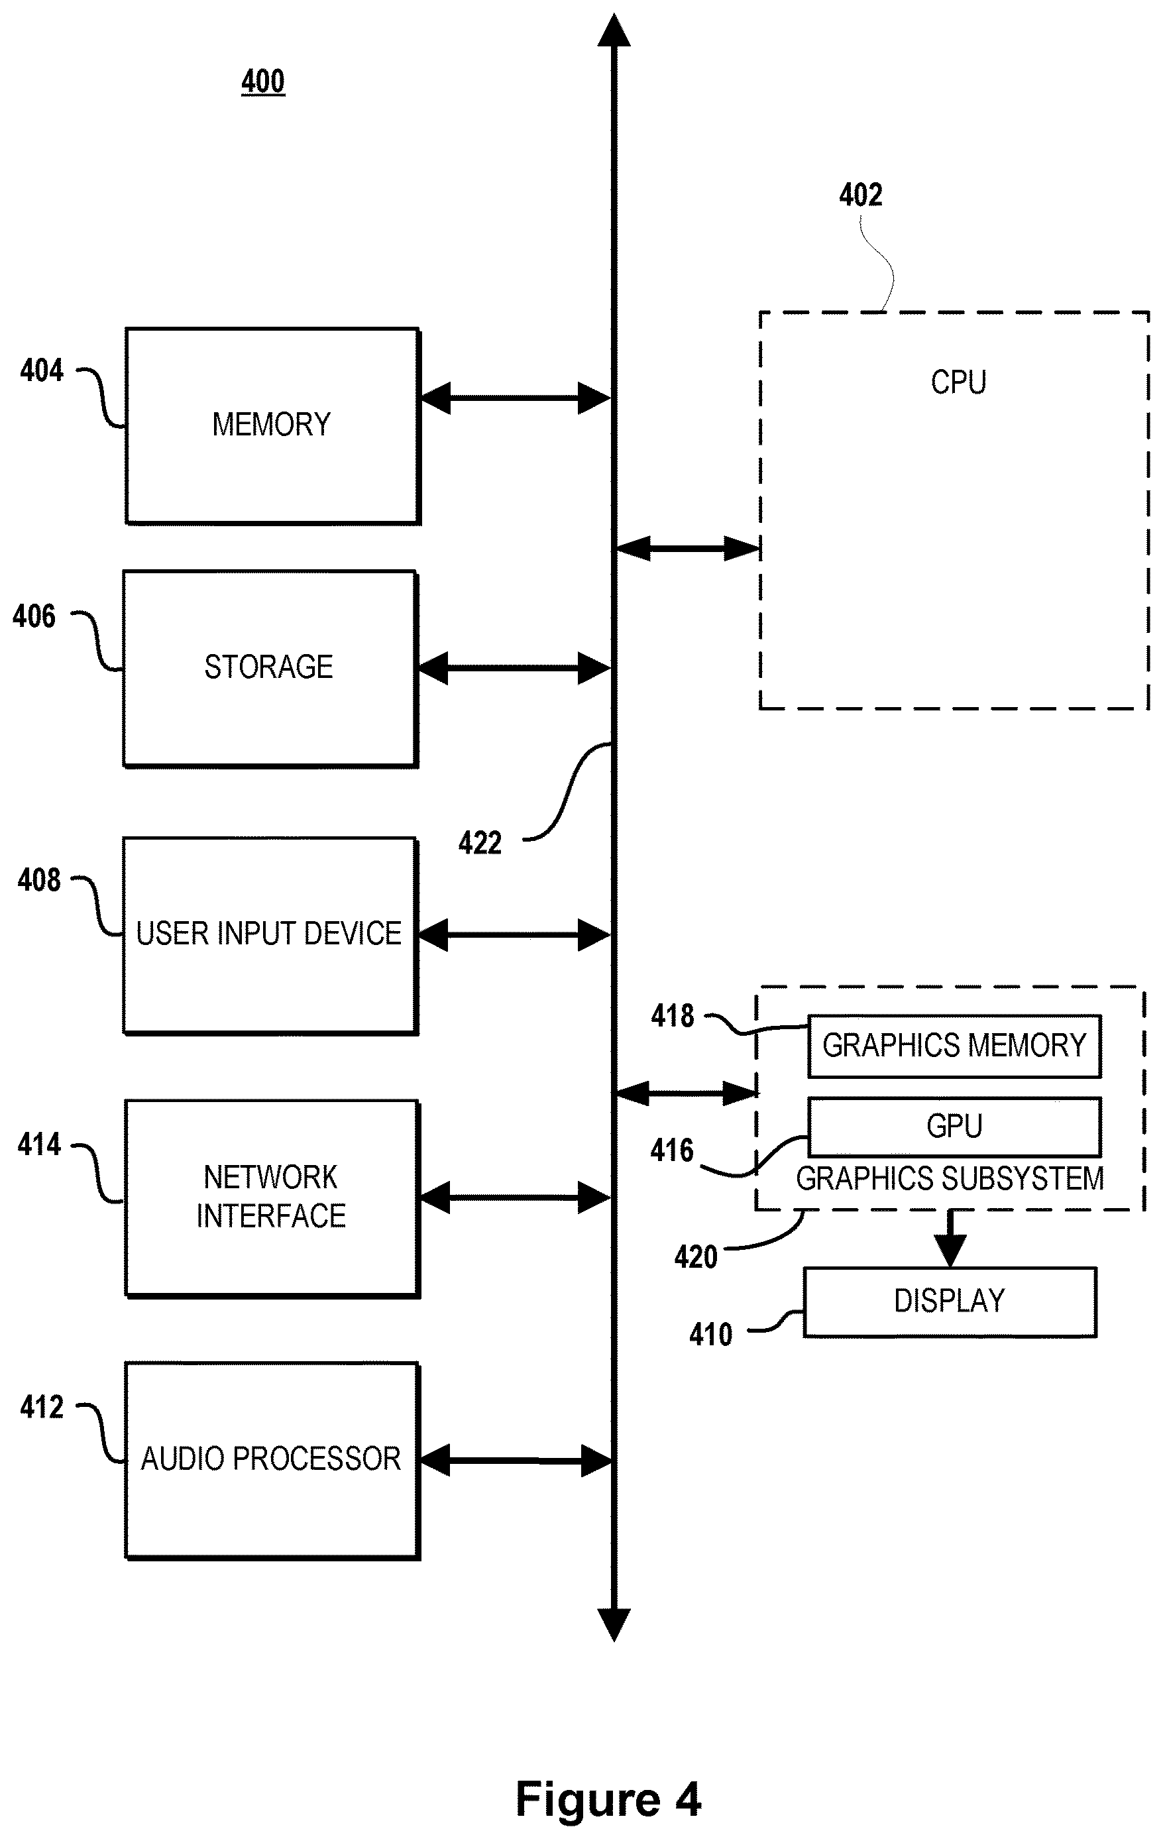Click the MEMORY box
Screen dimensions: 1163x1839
click(x=272, y=426)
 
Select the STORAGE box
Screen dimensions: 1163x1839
click(x=270, y=668)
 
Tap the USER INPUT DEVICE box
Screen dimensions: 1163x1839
click(x=270, y=936)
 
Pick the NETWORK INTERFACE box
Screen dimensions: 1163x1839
click(x=272, y=1198)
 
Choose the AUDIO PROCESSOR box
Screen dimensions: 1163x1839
click(x=272, y=1460)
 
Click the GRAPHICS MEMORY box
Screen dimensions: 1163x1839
click(x=954, y=1046)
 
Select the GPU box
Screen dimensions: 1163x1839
click(x=954, y=1127)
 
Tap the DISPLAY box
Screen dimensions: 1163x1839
click(x=950, y=1302)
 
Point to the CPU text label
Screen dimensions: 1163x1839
click(x=958, y=382)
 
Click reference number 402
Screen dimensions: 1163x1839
click(x=861, y=195)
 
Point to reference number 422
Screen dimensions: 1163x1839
click(x=480, y=843)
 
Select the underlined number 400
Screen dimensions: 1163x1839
click(x=262, y=81)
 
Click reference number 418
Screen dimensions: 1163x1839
click(x=672, y=1016)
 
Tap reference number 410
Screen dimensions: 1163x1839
click(x=710, y=1335)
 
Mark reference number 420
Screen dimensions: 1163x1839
click(x=696, y=1257)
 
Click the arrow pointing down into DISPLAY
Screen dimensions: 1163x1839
click(x=950, y=1238)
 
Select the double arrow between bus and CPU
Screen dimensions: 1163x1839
click(x=687, y=547)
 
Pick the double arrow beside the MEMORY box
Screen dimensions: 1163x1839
click(x=516, y=398)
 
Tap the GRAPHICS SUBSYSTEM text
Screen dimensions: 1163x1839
click(x=950, y=1179)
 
